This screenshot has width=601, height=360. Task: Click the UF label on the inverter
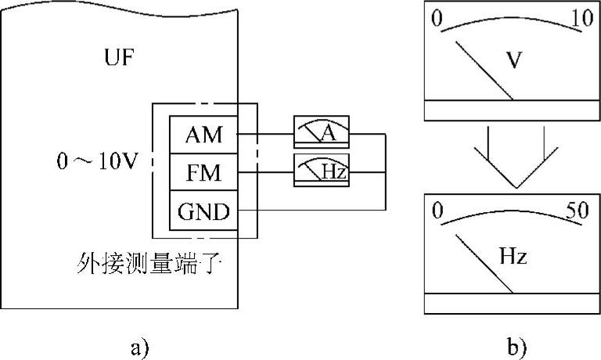pyautogui.click(x=120, y=58)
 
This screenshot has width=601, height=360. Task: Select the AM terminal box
pyautogui.click(x=203, y=135)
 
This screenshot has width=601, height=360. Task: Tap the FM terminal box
pyautogui.click(x=203, y=172)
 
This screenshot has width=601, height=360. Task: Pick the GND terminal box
pyautogui.click(x=203, y=211)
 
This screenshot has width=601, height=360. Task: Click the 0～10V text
pyautogui.click(x=97, y=161)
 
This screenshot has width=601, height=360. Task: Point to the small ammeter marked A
pyautogui.click(x=322, y=131)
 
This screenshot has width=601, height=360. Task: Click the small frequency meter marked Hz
pyautogui.click(x=322, y=171)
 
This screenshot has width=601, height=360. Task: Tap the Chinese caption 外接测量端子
pyautogui.click(x=150, y=263)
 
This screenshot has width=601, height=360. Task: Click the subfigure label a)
pyautogui.click(x=139, y=348)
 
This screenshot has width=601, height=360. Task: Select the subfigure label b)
pyautogui.click(x=517, y=347)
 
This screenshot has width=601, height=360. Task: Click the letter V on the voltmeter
pyautogui.click(x=513, y=59)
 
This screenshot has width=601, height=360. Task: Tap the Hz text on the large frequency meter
pyautogui.click(x=513, y=256)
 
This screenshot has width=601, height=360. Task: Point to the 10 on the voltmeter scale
pyautogui.click(x=582, y=18)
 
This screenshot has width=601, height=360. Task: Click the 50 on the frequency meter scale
pyautogui.click(x=578, y=210)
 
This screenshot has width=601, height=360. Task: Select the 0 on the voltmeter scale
pyautogui.click(x=437, y=18)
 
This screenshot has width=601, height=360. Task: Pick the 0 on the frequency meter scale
pyautogui.click(x=437, y=211)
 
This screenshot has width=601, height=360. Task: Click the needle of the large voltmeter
pyautogui.click(x=484, y=70)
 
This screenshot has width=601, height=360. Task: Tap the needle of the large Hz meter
pyautogui.click(x=484, y=264)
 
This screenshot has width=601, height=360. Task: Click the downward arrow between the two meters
pyautogui.click(x=516, y=157)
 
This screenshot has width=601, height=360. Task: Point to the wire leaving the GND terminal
pyautogui.click(x=311, y=210)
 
